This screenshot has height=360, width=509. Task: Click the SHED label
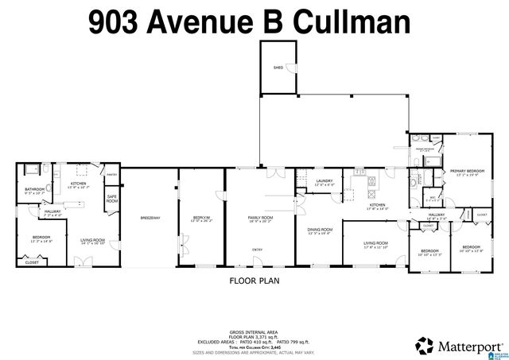[278, 68]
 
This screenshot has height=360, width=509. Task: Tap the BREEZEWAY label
[150, 217]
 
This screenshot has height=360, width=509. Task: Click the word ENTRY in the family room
[258, 249]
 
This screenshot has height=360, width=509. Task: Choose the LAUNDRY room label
[323, 180]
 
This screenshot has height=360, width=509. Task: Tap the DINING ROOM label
[321, 230]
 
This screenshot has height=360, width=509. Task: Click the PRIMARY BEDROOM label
[468, 171]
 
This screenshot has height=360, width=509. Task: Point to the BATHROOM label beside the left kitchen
[35, 188]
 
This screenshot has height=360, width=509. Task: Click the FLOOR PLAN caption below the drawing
[254, 280]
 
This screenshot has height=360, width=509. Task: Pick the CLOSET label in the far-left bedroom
[32, 261]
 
